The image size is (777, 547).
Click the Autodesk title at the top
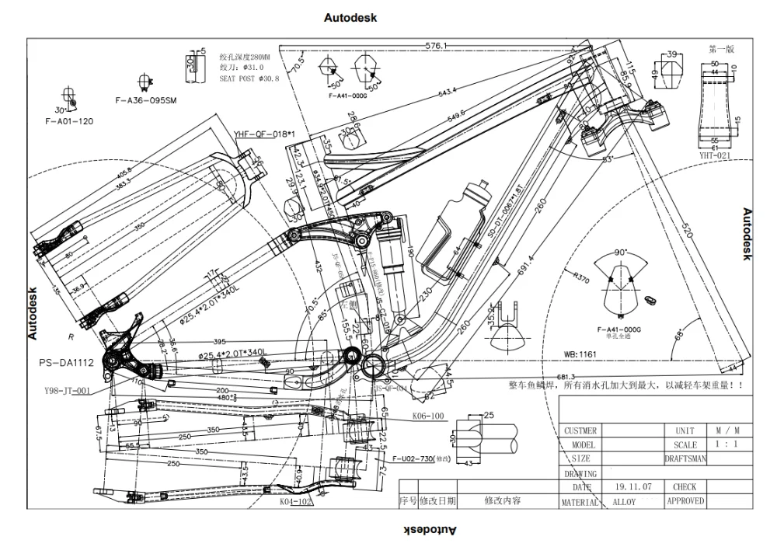pos(350,17)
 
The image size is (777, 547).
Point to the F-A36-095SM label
pos(145,100)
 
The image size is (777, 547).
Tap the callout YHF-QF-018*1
pos(264,134)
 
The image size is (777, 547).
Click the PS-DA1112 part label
pos(67,362)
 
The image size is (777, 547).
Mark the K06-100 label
pos(427,416)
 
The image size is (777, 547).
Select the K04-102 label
pos(296,502)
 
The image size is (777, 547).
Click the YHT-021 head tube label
pos(714,155)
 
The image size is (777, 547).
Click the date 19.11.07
pos(632,487)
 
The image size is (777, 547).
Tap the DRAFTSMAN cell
pos(685,459)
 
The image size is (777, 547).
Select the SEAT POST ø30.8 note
pos(249,78)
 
